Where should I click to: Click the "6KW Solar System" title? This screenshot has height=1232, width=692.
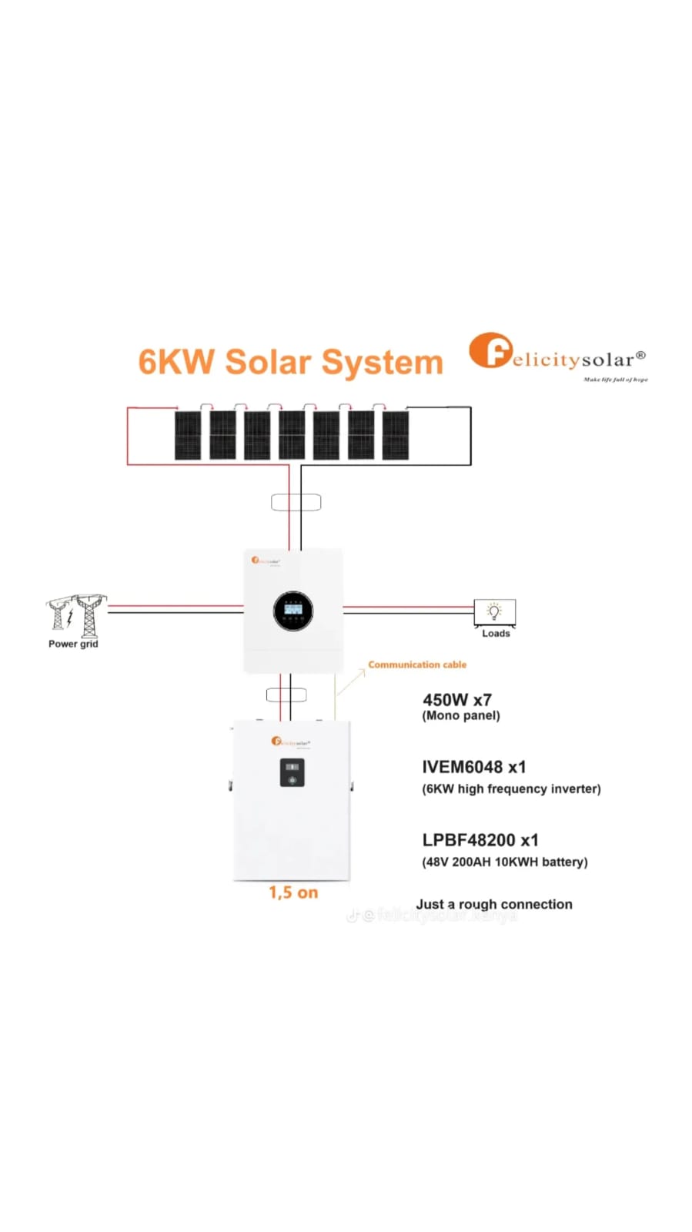point(290,362)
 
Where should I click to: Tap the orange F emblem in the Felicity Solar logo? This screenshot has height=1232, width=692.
point(490,351)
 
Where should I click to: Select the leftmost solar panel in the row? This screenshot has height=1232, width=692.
point(187,436)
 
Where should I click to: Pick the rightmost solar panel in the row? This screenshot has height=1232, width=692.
point(396,436)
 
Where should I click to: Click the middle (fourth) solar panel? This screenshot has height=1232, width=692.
point(292,436)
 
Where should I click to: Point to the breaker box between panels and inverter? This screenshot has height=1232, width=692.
point(296,503)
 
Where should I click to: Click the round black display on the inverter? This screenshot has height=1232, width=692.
point(293,611)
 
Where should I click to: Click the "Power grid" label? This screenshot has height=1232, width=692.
point(73,644)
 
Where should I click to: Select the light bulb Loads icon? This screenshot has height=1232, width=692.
point(494,611)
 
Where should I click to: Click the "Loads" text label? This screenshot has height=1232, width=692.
point(496,634)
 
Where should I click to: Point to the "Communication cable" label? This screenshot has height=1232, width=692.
point(417,665)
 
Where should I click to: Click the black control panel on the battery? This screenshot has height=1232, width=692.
point(292,772)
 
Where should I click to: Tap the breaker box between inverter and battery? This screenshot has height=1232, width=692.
point(286,695)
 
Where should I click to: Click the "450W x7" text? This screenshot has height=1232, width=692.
point(456,700)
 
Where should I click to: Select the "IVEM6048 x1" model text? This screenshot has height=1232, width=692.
point(473,767)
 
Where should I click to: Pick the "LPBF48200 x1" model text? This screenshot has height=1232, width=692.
point(480,840)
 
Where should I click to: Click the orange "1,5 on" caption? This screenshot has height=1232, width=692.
point(293,892)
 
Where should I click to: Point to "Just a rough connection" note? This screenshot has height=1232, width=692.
point(494,904)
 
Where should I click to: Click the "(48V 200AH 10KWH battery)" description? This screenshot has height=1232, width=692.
point(504,862)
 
